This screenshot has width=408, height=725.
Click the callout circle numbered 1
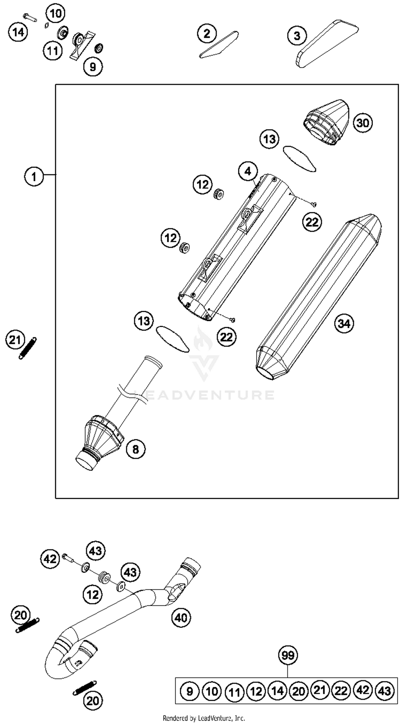[34, 177]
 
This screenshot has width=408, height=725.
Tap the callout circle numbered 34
[344, 323]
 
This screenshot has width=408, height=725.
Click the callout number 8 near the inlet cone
[136, 449]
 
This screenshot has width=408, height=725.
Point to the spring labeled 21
[27, 348]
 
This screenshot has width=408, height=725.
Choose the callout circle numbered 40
[181, 618]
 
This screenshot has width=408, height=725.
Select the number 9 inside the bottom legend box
[190, 691]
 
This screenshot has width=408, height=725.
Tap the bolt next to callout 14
[30, 17]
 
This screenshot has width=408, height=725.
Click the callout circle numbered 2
[207, 33]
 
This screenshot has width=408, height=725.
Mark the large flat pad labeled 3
[326, 44]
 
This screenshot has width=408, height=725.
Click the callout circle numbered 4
[248, 171]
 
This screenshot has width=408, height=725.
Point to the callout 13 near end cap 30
[269, 139]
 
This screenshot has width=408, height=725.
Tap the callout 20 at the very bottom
[92, 701]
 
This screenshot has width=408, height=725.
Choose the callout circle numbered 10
[55, 13]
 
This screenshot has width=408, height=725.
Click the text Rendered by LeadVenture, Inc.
[204, 718]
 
